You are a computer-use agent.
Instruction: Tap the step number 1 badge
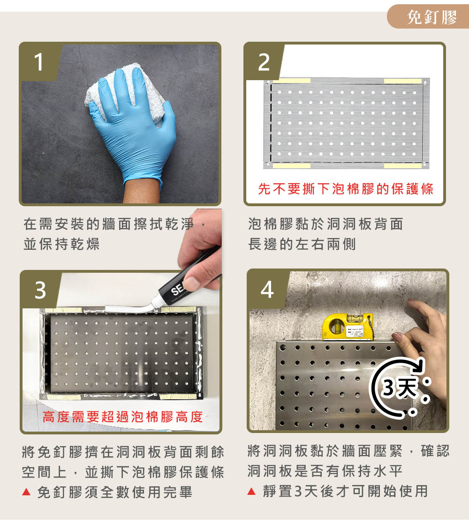[39, 62]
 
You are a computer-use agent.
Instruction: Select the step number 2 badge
[264, 62]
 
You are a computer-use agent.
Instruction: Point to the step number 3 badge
[40, 290]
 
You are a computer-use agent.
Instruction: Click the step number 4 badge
[267, 289]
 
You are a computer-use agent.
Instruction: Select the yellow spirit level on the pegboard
[348, 327]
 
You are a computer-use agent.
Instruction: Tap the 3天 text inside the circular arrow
[399, 388]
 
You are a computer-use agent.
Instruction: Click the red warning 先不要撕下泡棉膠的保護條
[346, 189]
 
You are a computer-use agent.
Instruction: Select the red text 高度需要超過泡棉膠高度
[122, 417]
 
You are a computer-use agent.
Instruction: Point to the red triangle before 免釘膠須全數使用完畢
[26, 492]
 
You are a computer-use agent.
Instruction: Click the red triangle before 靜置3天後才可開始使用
[251, 491]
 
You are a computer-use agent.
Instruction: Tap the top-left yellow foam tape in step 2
[292, 81]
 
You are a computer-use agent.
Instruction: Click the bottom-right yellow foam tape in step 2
[403, 165]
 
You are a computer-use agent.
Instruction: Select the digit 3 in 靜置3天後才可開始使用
[298, 491]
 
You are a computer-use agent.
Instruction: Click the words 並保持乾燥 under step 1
[61, 244]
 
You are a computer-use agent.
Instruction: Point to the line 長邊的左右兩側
[302, 244]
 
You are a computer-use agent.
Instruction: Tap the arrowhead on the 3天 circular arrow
[418, 366]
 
